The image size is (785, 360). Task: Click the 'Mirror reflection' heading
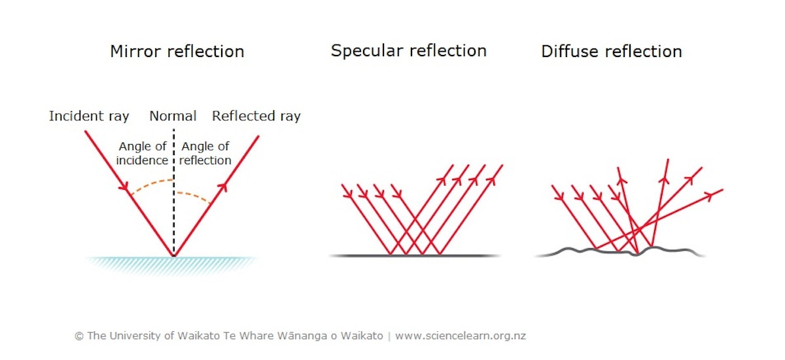177,52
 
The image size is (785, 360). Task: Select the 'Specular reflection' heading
409,52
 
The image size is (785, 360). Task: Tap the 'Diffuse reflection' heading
612,52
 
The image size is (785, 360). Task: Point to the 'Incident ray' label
89,117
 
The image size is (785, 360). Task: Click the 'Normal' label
173,116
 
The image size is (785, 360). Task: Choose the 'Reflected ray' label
256,117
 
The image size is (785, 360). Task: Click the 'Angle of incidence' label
143,153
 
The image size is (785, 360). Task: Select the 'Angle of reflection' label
205,153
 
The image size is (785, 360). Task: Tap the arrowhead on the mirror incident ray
124,186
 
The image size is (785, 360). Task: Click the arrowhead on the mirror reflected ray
223,187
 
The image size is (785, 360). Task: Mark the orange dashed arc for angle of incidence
151,185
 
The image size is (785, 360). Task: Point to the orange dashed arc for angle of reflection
194,196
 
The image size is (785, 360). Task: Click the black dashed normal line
174,192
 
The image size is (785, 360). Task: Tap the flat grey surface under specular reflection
415,255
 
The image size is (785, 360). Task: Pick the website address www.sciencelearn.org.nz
461,336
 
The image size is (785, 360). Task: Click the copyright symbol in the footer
79,336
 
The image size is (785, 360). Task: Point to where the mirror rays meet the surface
174,256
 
